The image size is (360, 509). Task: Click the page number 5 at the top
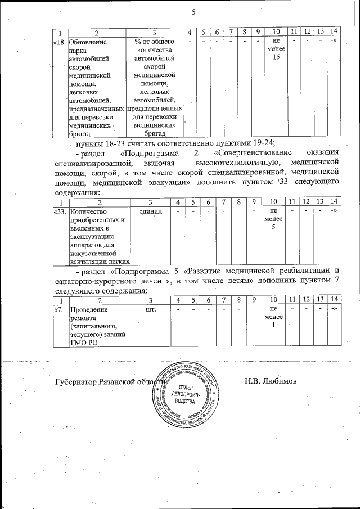click(193, 12)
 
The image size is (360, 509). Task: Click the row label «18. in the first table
click(58, 42)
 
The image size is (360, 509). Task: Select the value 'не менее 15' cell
click(276, 50)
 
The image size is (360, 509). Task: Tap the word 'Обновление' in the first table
click(85, 42)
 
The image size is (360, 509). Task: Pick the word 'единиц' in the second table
click(150, 211)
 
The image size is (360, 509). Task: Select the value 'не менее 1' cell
click(274, 318)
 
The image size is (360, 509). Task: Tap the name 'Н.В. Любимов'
click(271, 382)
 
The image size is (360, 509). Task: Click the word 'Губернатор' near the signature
click(79, 382)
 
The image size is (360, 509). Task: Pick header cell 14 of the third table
click(334, 298)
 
